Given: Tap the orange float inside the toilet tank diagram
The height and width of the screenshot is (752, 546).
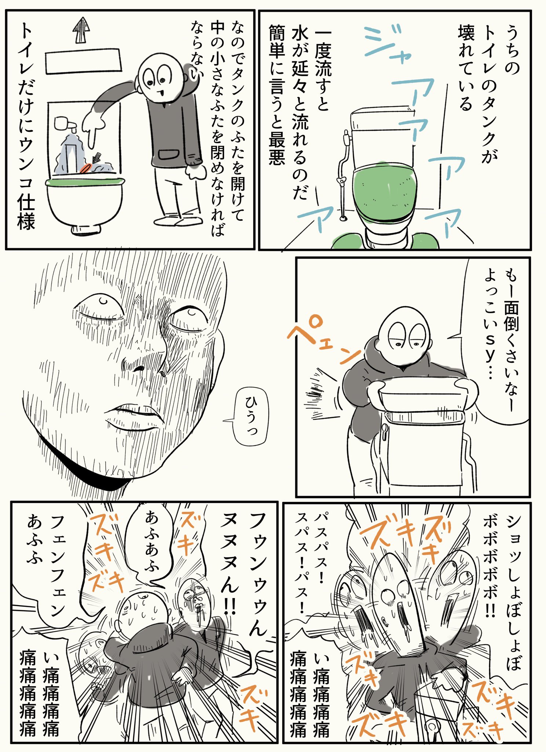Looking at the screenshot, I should [87, 168].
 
